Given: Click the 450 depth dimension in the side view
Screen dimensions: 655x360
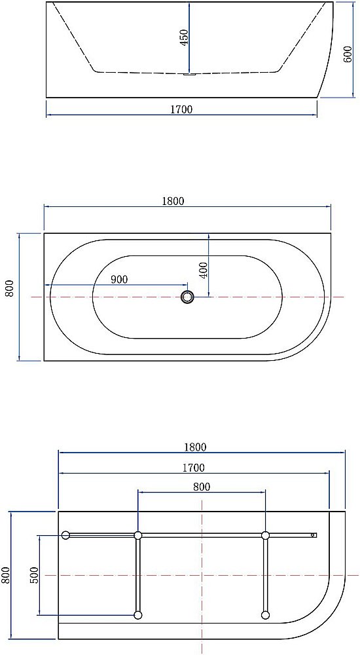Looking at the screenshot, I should tap(185, 37).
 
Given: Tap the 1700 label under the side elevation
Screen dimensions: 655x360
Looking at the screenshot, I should tap(181, 109).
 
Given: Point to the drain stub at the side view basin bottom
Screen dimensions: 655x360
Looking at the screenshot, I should tap(189, 74).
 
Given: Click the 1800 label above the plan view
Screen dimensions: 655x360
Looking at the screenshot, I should tap(173, 202).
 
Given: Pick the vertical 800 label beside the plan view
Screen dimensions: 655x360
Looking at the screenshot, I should tap(10, 289).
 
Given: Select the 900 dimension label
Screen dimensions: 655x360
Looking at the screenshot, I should tap(119, 280).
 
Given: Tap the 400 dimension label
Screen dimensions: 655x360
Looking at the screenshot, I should tap(203, 270).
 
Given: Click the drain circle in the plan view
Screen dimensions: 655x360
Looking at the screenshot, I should tap(189, 297).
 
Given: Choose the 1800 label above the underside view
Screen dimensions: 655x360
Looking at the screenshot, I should tap(194, 447).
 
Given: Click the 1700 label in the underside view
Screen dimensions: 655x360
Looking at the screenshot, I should tap(193, 468).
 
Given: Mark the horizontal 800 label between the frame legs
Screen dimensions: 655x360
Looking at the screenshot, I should tap(202, 487).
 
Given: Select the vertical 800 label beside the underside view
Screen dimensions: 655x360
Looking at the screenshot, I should tap(6, 574).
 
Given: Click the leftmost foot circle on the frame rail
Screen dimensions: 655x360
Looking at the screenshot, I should tap(65, 535).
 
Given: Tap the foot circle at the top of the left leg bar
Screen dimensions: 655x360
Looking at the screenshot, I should tap(138, 535).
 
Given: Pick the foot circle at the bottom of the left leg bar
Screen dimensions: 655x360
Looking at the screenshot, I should tap(138, 615).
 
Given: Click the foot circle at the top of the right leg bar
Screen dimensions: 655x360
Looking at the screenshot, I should tap(265, 535).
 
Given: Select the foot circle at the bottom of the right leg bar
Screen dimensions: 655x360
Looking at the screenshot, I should tap(265, 615).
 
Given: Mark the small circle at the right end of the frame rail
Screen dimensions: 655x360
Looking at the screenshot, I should tap(314, 535).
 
